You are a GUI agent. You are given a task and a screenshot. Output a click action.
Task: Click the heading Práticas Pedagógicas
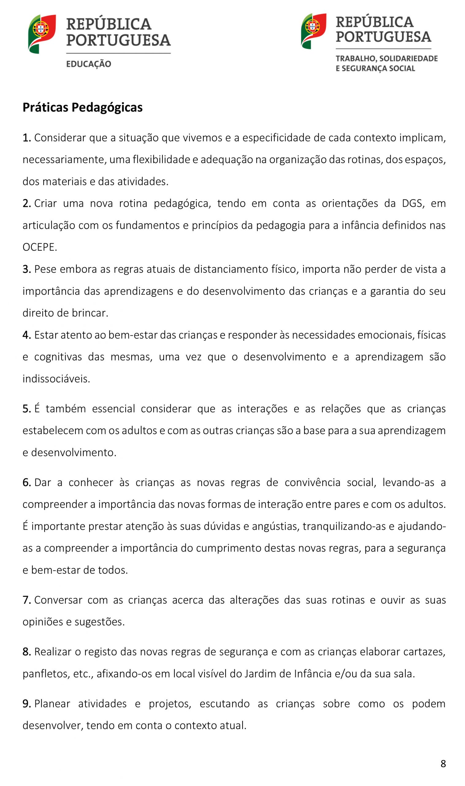pyautogui.click(x=82, y=108)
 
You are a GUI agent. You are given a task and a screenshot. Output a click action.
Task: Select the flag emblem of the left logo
pyautogui.click(x=42, y=33)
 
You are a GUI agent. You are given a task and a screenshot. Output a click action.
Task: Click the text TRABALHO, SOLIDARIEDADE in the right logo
pyautogui.click(x=386, y=59)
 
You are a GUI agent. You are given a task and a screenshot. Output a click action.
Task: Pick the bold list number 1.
pyautogui.click(x=27, y=138)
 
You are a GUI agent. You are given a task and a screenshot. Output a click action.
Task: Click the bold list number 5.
pyautogui.click(x=27, y=409)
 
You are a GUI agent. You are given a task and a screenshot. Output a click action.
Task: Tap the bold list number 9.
pyautogui.click(x=27, y=704)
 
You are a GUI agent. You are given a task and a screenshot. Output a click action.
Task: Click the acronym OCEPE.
pyautogui.click(x=40, y=247)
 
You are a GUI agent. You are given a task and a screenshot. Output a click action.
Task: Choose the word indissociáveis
pyautogui.click(x=56, y=379)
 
